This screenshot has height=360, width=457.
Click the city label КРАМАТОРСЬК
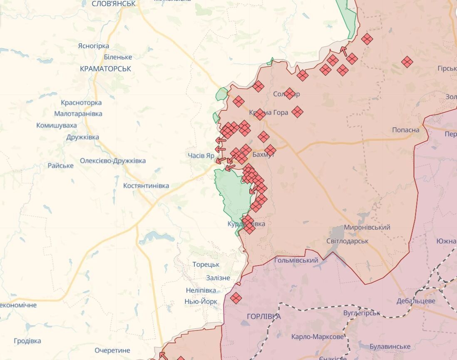(105, 69)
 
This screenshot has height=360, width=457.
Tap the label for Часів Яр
(201, 155)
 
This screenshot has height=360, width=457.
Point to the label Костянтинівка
(146, 186)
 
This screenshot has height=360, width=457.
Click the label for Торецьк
(206, 264)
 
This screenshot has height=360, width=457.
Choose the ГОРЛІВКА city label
(263, 316)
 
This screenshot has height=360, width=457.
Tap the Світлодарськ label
(347, 241)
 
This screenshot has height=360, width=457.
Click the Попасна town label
(405, 130)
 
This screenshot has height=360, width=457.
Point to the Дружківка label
(82, 137)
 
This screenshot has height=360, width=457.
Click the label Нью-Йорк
(201, 301)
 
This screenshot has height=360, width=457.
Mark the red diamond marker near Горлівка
(236, 298)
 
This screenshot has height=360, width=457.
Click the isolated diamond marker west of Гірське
(407, 62)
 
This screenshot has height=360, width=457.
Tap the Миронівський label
(367, 227)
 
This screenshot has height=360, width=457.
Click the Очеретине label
(112, 350)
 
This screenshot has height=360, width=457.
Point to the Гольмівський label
(296, 261)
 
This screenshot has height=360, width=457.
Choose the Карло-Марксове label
(318, 337)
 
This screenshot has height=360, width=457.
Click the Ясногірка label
(94, 46)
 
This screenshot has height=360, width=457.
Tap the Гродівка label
(27, 341)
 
